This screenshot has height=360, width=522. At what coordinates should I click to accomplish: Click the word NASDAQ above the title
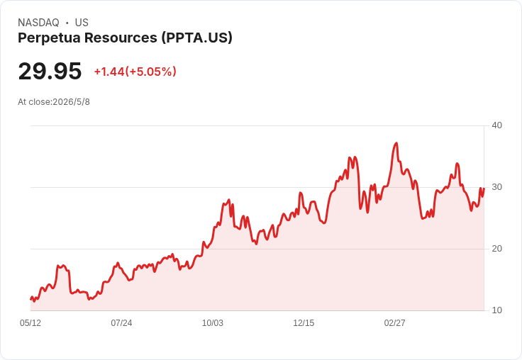[x=38, y=23]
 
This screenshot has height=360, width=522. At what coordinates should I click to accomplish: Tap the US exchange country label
[x=82, y=23]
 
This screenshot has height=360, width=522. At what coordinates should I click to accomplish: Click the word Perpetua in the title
[x=49, y=38]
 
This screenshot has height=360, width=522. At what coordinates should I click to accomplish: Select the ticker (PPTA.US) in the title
[x=196, y=38]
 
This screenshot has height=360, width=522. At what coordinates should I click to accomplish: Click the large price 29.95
[x=50, y=71]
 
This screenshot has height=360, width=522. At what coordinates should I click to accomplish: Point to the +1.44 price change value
[x=109, y=72]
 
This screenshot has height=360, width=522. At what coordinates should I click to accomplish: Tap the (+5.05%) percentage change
[x=150, y=72]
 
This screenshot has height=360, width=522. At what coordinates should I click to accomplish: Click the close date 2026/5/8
[x=71, y=102]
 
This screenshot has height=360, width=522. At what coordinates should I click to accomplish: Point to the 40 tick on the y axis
[x=496, y=125]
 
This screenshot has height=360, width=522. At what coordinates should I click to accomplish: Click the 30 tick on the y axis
[x=496, y=187]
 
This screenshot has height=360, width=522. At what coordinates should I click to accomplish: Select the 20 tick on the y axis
[x=496, y=249]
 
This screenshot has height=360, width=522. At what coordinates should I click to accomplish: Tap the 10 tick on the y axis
[x=496, y=310]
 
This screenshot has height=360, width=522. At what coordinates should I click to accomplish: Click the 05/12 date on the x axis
[x=30, y=323]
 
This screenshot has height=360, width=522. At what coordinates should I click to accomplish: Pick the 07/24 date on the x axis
[x=121, y=323]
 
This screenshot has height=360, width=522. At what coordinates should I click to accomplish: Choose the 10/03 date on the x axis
[x=213, y=323]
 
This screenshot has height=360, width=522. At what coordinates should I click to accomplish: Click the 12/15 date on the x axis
[x=304, y=323]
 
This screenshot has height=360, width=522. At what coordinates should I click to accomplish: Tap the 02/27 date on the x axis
[x=395, y=323]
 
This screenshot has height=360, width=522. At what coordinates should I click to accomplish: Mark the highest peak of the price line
[x=396, y=143]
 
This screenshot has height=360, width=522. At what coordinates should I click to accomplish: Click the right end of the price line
[x=484, y=189]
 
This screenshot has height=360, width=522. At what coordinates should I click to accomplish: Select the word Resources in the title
[x=121, y=38]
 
